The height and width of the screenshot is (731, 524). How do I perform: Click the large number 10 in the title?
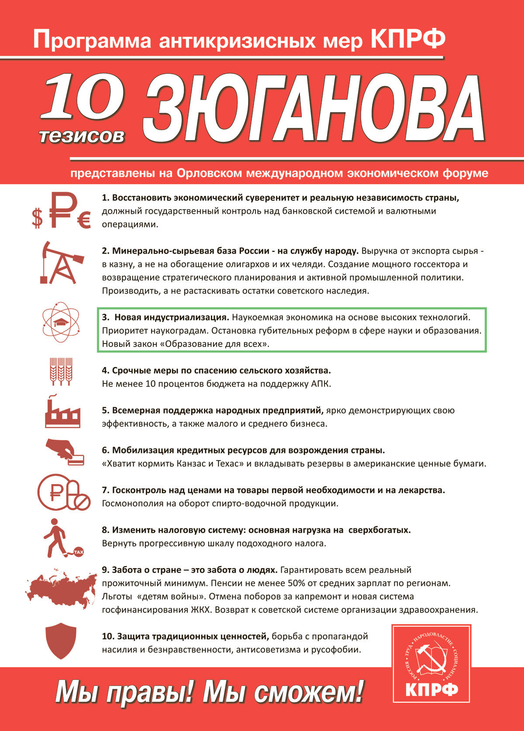pyautogui.click(x=83, y=97)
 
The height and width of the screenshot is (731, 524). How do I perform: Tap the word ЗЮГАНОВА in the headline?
pyautogui.click(x=314, y=109)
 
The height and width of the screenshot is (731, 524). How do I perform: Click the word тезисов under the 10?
pyautogui.click(x=82, y=136)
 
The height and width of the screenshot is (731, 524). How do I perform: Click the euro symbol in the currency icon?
pyautogui.click(x=84, y=220)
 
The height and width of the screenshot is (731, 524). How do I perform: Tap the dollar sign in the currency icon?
pyautogui.click(x=38, y=218)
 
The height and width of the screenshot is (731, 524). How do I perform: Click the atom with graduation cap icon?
pyautogui.click(x=61, y=323)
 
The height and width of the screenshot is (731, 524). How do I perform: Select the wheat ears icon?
pyautogui.click(x=61, y=371)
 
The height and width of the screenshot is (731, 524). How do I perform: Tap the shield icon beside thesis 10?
pyautogui.click(x=61, y=641)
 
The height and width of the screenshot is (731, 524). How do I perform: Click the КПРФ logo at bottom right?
pyautogui.click(x=431, y=663)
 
